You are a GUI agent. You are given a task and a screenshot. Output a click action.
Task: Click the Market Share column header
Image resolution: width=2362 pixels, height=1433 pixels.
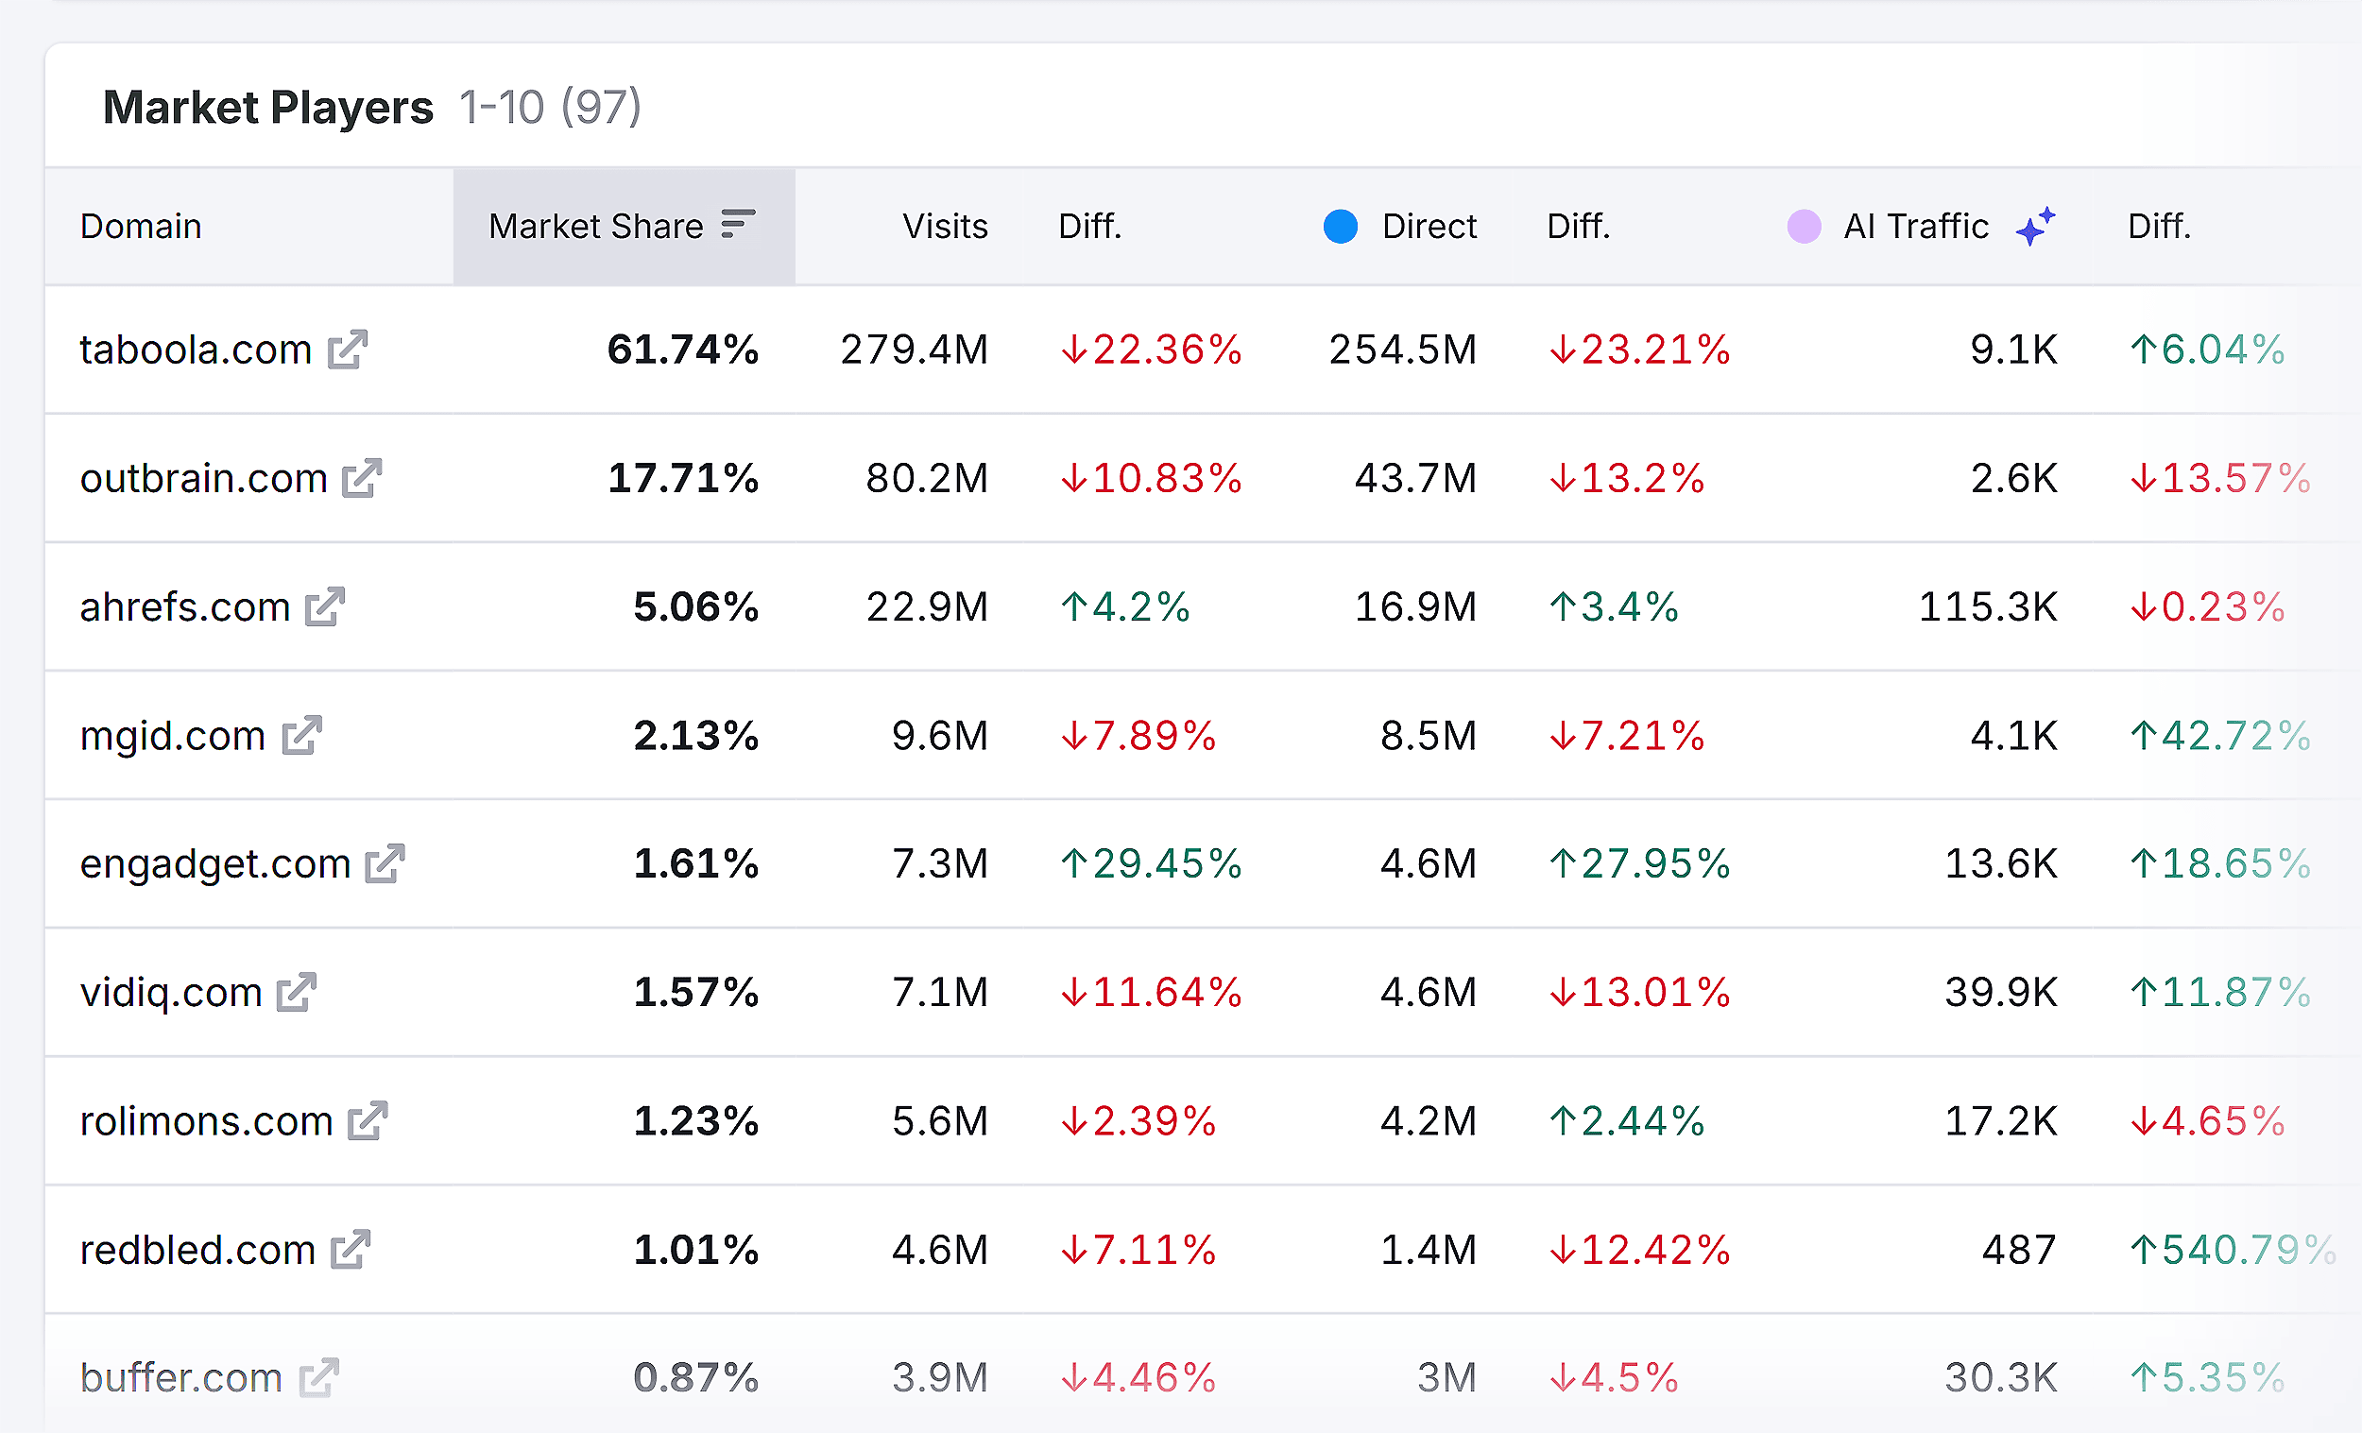point(596,226)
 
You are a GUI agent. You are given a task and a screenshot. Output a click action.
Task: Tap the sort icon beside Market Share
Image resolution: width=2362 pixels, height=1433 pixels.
point(737,223)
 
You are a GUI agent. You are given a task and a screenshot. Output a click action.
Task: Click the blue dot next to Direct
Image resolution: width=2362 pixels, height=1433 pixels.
point(1340,226)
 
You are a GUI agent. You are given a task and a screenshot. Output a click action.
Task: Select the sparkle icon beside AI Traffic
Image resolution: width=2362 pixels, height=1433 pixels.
point(2034,226)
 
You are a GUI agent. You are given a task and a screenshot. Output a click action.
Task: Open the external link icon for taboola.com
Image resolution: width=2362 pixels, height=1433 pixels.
point(347,350)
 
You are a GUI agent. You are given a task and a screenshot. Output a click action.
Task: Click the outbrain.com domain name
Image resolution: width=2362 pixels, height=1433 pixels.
point(203,478)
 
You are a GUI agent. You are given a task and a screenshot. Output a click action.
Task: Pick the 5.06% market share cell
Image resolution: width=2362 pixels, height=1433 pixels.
point(696,606)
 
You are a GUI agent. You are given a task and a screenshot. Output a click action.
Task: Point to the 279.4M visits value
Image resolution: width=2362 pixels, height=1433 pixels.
point(914,350)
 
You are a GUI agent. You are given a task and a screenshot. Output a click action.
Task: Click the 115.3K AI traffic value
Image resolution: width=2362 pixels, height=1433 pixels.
point(1987,606)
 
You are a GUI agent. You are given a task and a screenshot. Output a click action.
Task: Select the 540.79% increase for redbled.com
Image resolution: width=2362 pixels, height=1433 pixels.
point(2232,1250)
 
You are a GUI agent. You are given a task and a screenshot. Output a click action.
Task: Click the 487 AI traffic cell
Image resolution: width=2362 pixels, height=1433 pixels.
point(2019,1250)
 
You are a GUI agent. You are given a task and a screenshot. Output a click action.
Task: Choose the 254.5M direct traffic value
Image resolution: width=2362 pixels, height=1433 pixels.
point(1402,350)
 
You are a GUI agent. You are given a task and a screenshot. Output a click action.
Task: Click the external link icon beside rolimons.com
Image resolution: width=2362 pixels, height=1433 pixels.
point(368,1120)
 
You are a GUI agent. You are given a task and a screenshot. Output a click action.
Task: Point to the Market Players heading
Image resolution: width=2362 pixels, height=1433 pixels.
point(268,108)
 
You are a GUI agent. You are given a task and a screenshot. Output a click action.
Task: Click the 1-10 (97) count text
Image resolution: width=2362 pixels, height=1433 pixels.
point(550,108)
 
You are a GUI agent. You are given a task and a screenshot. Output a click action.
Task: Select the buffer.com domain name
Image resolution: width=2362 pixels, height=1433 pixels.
point(181,1378)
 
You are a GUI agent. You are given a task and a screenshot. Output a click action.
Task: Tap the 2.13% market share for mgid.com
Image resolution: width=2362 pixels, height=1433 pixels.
point(696,736)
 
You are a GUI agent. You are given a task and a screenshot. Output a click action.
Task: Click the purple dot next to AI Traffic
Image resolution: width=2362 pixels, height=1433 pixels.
point(1804,226)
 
